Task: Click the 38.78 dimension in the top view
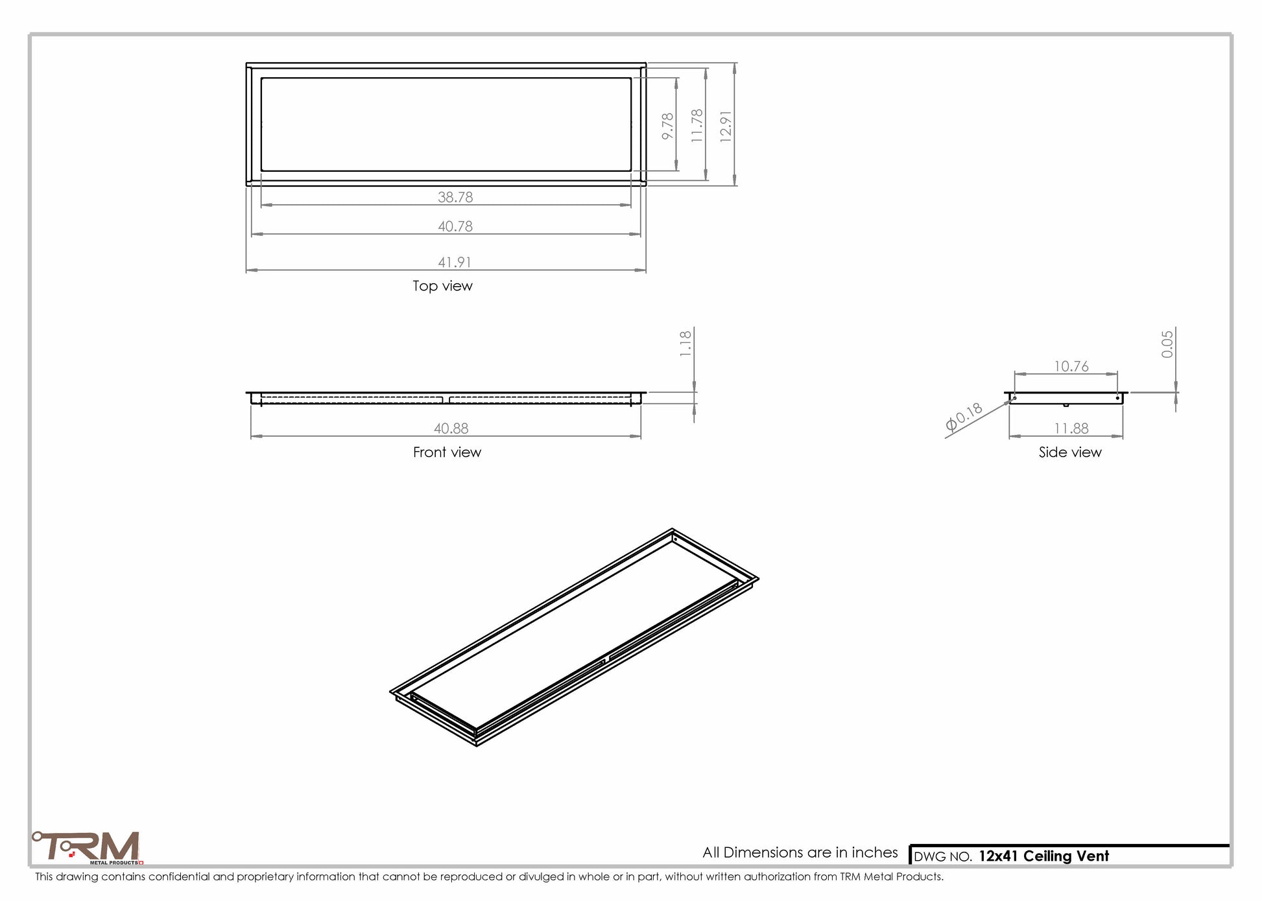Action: point(455,197)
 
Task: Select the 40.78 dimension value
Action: point(455,226)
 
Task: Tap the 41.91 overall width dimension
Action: point(455,262)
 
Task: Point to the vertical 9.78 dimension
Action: point(668,126)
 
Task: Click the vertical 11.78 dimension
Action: point(697,126)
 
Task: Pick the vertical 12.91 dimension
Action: point(726,126)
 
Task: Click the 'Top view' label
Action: point(443,286)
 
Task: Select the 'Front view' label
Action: point(447,452)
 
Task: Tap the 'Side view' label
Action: point(1070,452)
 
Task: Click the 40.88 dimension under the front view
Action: point(451,428)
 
